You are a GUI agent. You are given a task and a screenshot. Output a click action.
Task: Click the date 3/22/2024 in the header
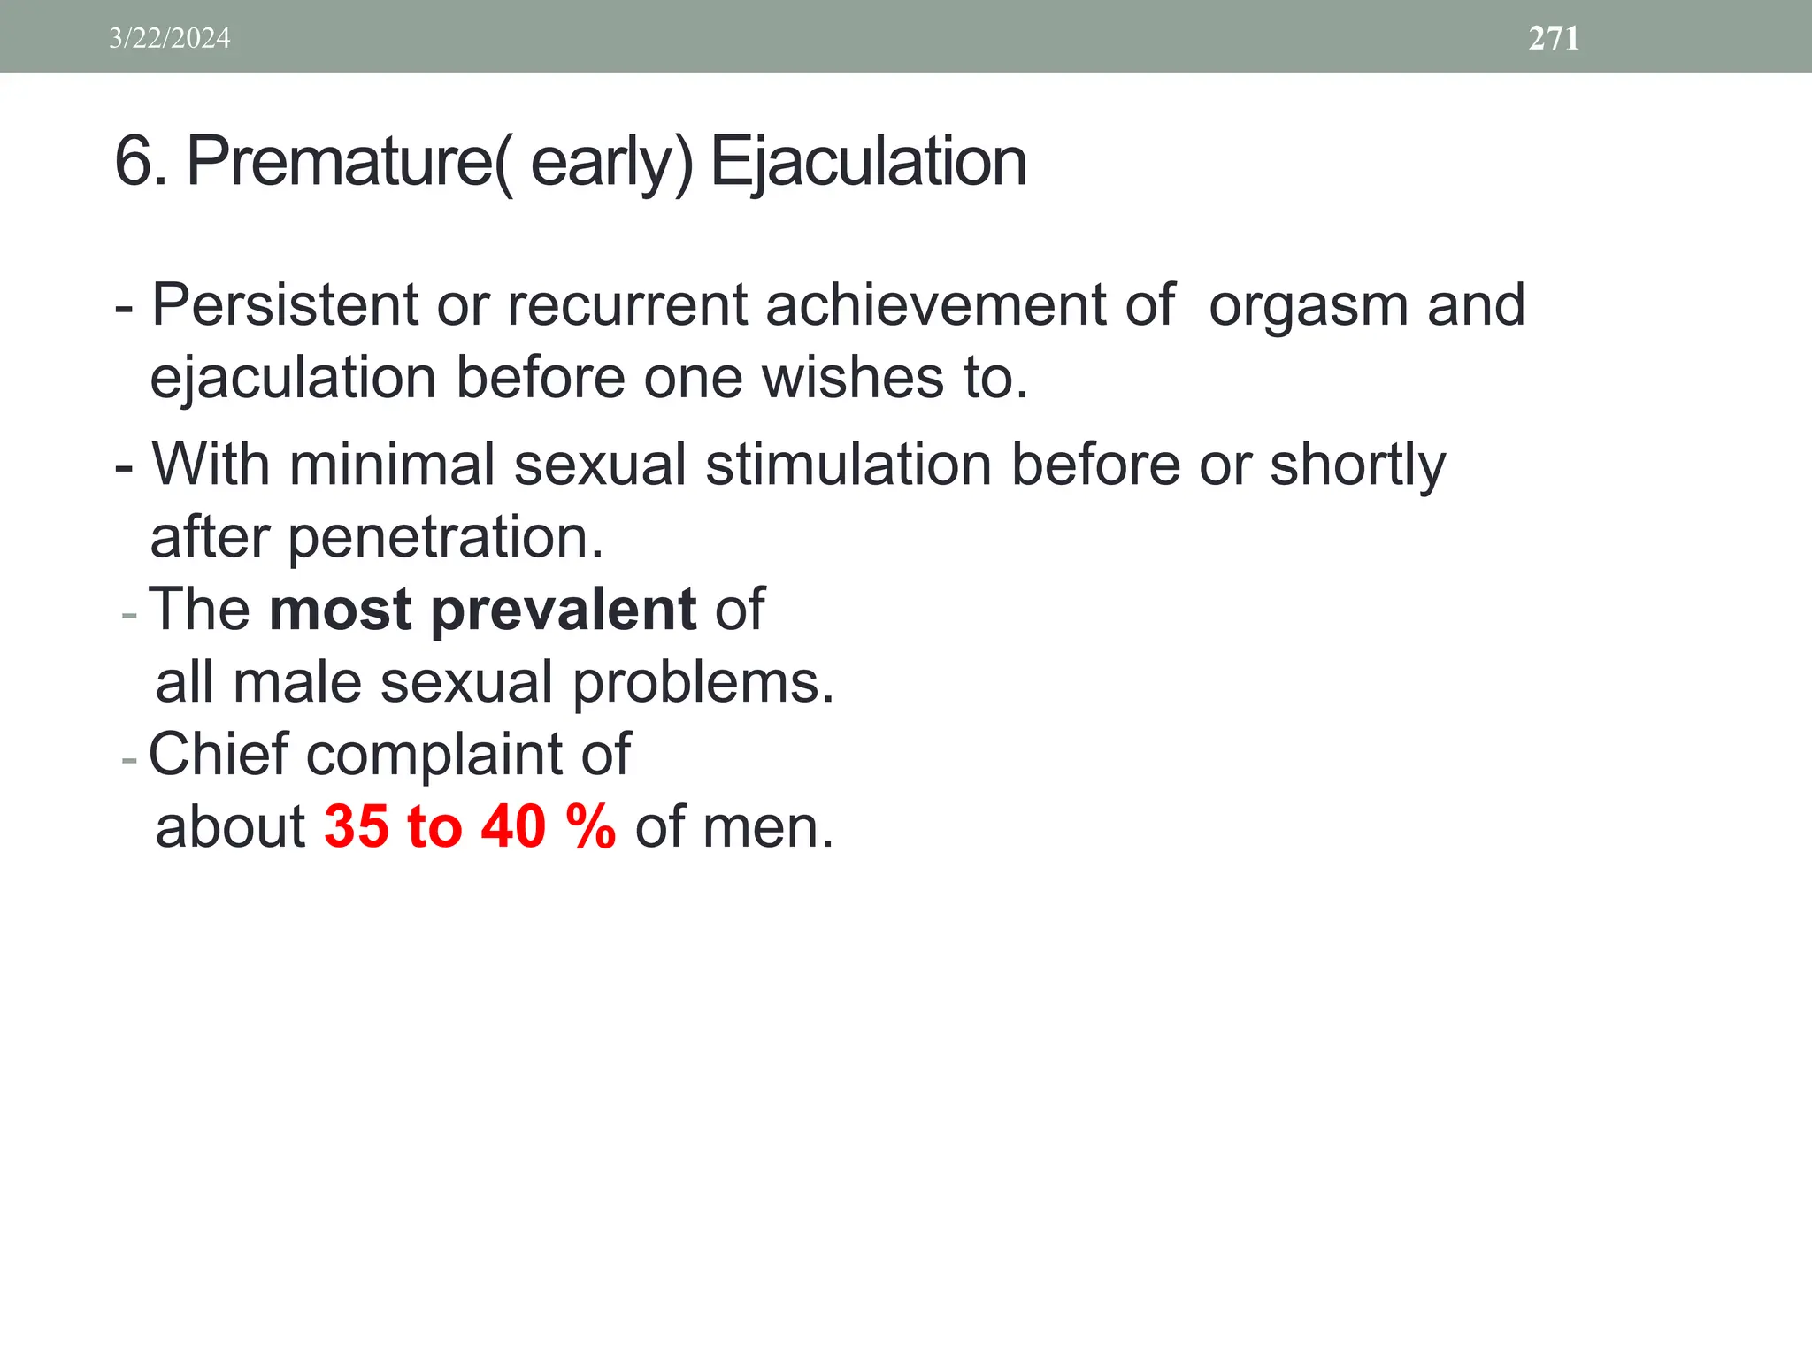[169, 38]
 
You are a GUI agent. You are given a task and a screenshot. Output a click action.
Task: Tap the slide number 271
[1554, 38]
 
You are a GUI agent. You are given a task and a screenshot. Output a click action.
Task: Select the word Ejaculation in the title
[868, 162]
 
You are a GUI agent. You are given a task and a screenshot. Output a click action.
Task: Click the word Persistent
[284, 305]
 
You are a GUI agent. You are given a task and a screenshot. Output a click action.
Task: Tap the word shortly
[1357, 466]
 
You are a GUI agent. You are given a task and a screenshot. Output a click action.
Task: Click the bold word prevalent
[564, 610]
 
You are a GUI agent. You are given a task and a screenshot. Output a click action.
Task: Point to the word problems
[703, 684]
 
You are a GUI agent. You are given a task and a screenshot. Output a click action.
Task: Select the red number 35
[357, 827]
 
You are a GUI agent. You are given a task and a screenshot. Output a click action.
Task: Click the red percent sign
[590, 827]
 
